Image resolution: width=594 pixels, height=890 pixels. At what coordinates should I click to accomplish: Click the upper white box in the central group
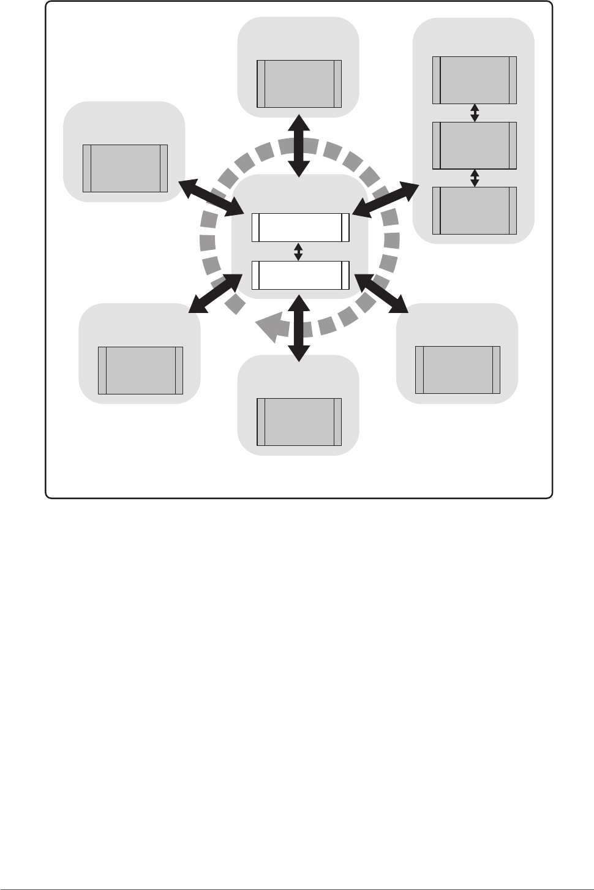pyautogui.click(x=300, y=227)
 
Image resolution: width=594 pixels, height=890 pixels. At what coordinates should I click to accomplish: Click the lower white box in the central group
pyautogui.click(x=300, y=275)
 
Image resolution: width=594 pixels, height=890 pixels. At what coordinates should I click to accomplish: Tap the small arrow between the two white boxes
pyautogui.click(x=298, y=251)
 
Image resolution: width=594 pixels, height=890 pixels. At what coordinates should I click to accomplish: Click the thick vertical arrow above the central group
pyautogui.click(x=299, y=145)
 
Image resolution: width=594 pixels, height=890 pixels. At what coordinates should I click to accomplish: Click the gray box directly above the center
pyautogui.click(x=299, y=84)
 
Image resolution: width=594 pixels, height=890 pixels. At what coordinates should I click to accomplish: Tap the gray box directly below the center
pyautogui.click(x=299, y=421)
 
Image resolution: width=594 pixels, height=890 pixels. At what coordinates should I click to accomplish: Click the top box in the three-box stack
pyautogui.click(x=475, y=80)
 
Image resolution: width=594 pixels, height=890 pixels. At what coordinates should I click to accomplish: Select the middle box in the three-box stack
pyautogui.click(x=475, y=145)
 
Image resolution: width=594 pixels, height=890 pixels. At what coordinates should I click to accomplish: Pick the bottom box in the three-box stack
pyautogui.click(x=475, y=211)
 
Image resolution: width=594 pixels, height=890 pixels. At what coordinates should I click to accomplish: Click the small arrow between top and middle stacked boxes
pyautogui.click(x=475, y=113)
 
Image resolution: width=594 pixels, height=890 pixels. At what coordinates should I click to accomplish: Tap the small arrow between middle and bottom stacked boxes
pyautogui.click(x=475, y=178)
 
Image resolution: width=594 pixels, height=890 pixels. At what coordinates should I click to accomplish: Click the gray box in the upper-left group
pyautogui.click(x=125, y=168)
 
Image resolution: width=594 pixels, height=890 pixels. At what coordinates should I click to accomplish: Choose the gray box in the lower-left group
pyautogui.click(x=141, y=370)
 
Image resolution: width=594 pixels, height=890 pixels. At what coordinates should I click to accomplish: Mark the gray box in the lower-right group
pyautogui.click(x=457, y=369)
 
